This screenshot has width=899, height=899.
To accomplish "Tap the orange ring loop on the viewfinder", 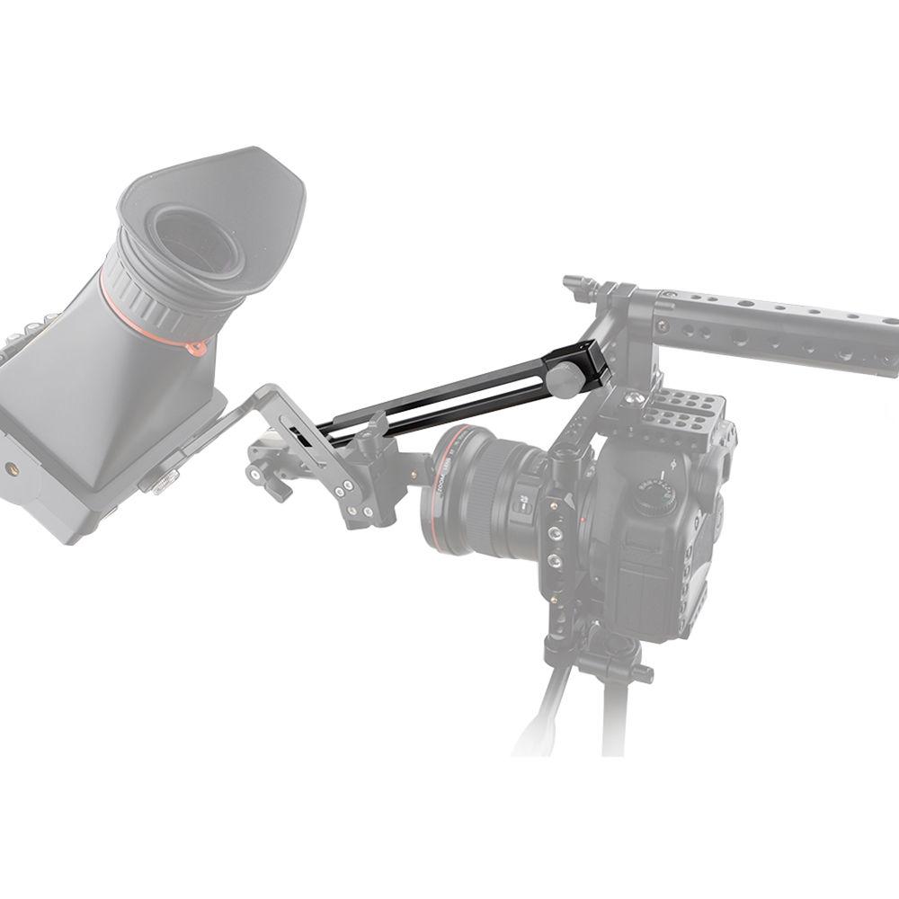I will click(x=195, y=346).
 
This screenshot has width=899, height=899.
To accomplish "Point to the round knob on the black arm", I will click(x=564, y=379).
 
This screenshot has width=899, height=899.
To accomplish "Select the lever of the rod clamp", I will click(x=270, y=485).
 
